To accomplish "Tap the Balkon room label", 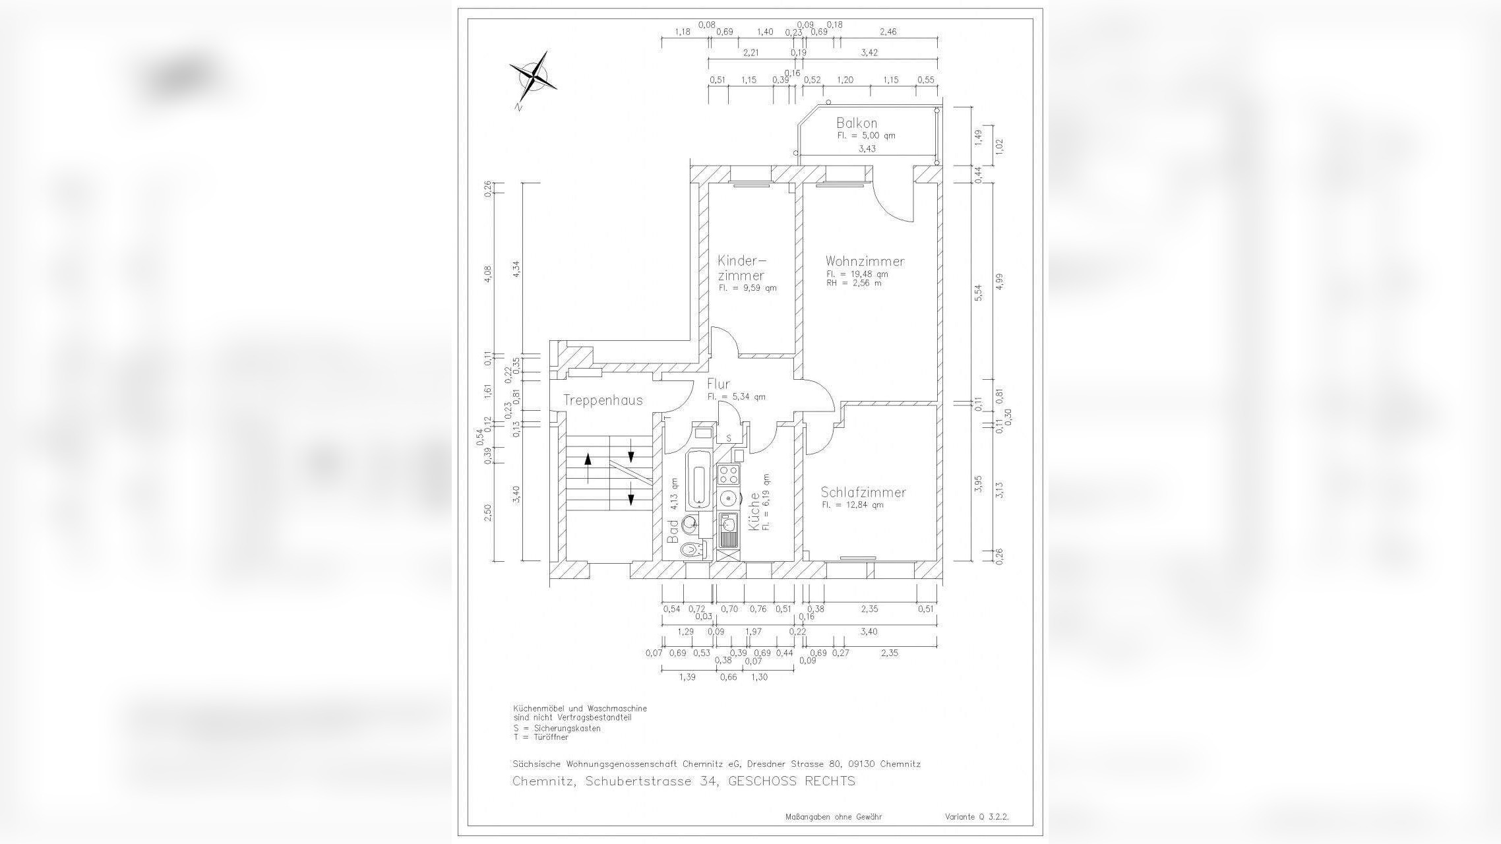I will click(857, 123).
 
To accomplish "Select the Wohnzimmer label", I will click(865, 261).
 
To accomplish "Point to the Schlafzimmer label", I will click(863, 492).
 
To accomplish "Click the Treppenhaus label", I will click(602, 400).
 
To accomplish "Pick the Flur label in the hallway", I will click(718, 384).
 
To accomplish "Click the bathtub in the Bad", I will click(698, 479).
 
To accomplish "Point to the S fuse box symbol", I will click(729, 438).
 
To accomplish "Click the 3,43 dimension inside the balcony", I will click(867, 149).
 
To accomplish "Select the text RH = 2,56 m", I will click(853, 284).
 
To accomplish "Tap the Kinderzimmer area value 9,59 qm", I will click(747, 288).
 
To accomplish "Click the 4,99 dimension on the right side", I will click(1000, 281).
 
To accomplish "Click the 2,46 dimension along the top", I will click(888, 32).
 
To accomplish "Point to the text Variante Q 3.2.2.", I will click(976, 816).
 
